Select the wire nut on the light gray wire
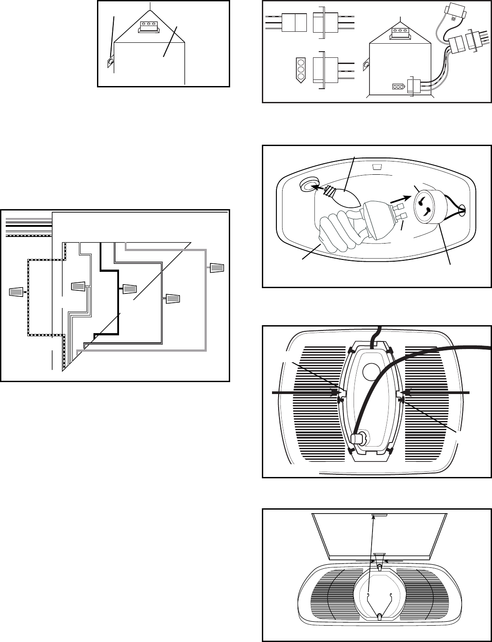[x=217, y=267]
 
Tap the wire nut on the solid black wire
[x=130, y=289]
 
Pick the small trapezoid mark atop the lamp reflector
[x=376, y=167]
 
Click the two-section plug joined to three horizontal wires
[x=294, y=22]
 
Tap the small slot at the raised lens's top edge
[x=379, y=515]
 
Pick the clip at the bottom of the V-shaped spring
[x=380, y=617]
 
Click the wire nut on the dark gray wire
[x=172, y=299]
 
